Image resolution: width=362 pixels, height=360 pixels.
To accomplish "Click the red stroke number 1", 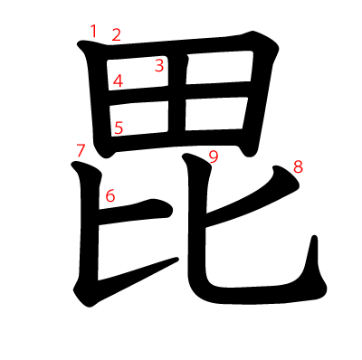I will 92,32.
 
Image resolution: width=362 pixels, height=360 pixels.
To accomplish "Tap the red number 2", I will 116,35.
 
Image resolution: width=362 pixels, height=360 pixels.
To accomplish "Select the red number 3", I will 159,65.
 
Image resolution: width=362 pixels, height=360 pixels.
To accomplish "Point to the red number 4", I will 118,81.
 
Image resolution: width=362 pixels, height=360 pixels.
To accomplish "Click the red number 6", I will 110,194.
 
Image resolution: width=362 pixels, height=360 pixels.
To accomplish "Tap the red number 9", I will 214,156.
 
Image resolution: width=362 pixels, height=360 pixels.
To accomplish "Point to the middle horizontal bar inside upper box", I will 181,90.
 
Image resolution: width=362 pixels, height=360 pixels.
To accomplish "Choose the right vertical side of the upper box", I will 257,90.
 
